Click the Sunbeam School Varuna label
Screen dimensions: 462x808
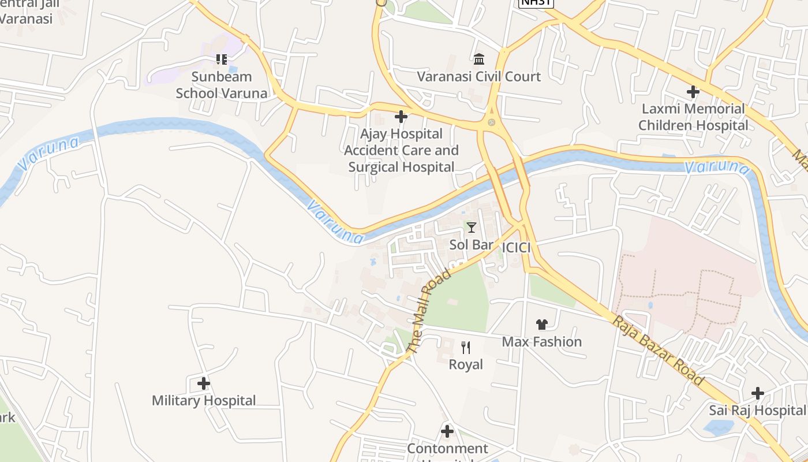pyautogui.click(x=222, y=85)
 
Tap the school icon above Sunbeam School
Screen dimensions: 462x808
pyautogui.click(x=222, y=59)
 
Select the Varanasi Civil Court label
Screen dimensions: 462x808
pyautogui.click(x=478, y=76)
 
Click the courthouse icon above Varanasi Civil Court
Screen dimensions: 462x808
pyautogui.click(x=478, y=59)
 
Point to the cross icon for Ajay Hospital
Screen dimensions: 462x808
pyautogui.click(x=401, y=117)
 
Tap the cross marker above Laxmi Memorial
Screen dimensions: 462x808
pyautogui.click(x=693, y=92)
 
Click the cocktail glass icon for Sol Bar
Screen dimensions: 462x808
pyautogui.click(x=472, y=228)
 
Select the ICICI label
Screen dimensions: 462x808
pyautogui.click(x=516, y=248)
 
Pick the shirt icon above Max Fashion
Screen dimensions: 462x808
pyautogui.click(x=541, y=325)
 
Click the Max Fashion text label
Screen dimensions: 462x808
pyautogui.click(x=541, y=342)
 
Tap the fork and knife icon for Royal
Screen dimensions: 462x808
pyautogui.click(x=466, y=348)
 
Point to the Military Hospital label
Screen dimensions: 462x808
pyautogui.click(x=203, y=400)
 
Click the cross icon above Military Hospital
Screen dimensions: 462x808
pyautogui.click(x=203, y=383)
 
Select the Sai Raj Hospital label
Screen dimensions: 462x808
pyautogui.click(x=757, y=410)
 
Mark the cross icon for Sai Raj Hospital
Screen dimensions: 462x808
pyautogui.click(x=757, y=393)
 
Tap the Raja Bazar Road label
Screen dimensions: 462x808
pyautogui.click(x=659, y=351)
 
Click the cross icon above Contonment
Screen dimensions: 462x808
pyautogui.click(x=447, y=431)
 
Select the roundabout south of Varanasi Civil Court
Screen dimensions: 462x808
pyautogui.click(x=491, y=122)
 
